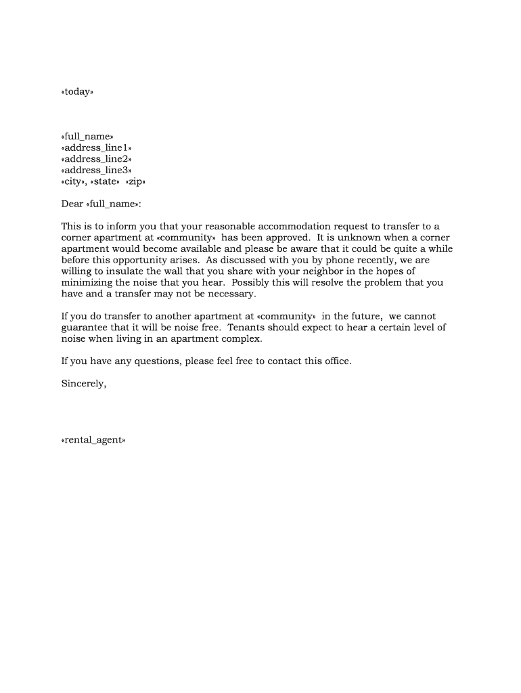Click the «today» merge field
(x=76, y=91)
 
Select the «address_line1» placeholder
(x=96, y=148)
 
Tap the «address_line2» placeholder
(x=96, y=159)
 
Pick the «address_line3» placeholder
(x=96, y=171)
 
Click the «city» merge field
(x=73, y=182)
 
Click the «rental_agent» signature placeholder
(x=93, y=440)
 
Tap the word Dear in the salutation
(x=72, y=204)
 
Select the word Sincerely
(x=84, y=384)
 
